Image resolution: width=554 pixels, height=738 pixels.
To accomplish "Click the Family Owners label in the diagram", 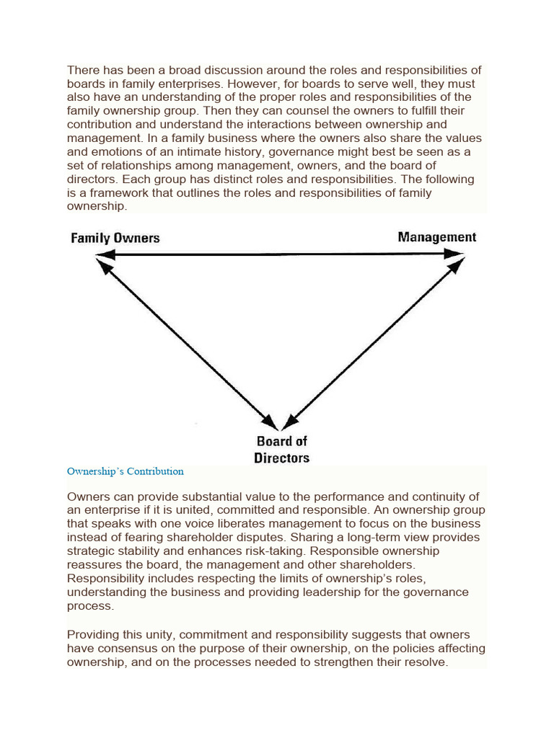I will (x=115, y=238).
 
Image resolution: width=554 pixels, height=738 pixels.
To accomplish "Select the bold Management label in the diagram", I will (x=437, y=237).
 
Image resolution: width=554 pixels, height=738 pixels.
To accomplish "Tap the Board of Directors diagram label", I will (x=281, y=450).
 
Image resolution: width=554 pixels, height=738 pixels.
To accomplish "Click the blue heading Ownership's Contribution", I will (x=126, y=471).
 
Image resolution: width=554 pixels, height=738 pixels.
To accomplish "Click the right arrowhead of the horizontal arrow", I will (x=455, y=254).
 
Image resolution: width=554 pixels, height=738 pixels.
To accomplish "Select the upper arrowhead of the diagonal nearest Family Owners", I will (x=105, y=267).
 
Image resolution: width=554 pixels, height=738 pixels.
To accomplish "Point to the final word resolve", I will (x=426, y=662).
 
